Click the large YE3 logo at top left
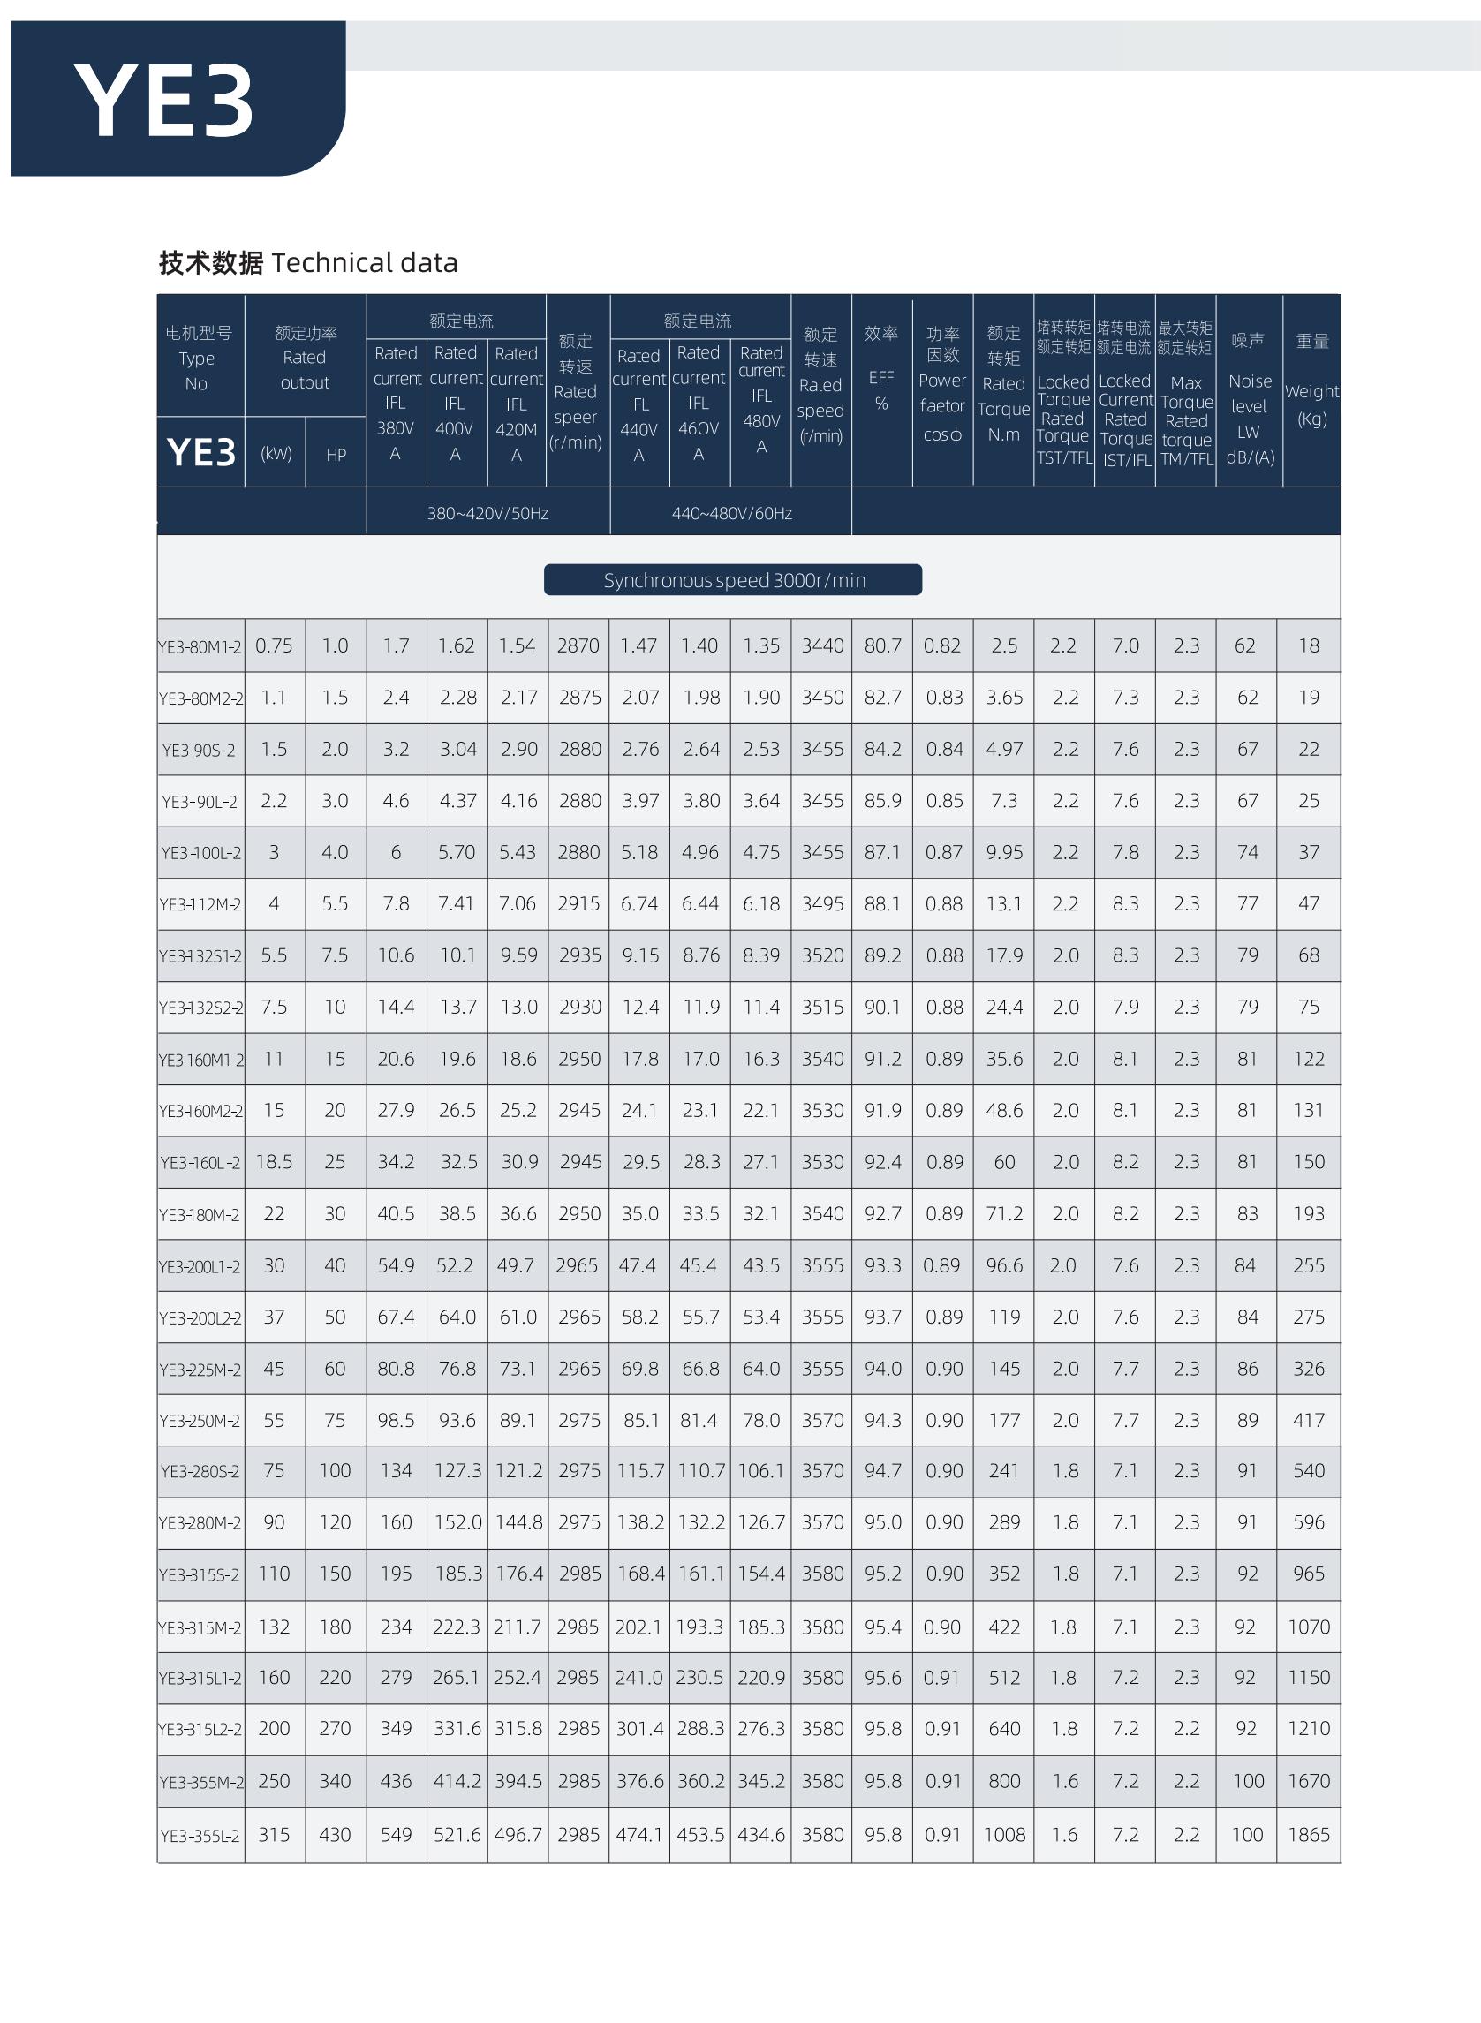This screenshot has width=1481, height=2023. click(x=165, y=101)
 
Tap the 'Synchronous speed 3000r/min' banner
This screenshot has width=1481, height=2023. click(x=733, y=580)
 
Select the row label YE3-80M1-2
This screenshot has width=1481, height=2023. click(x=200, y=646)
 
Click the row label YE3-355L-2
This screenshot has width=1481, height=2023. click(x=200, y=1836)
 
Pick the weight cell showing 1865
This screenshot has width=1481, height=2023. click(x=1308, y=1835)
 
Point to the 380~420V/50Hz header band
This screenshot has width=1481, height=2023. click(x=487, y=514)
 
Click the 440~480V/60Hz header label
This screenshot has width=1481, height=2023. click(x=731, y=514)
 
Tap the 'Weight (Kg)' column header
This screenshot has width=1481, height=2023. click(x=1311, y=404)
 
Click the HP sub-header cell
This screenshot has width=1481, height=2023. click(x=336, y=456)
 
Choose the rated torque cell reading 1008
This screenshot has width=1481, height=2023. click(x=1004, y=1835)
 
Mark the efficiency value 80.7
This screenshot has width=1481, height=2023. click(x=882, y=645)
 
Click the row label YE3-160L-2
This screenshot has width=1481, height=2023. click(x=200, y=1163)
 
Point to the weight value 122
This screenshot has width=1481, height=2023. click(x=1308, y=1059)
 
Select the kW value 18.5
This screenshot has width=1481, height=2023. click(x=275, y=1162)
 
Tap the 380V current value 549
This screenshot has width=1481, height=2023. click(x=397, y=1835)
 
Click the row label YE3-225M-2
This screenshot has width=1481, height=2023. click(x=200, y=1370)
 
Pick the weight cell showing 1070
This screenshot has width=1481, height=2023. click(x=1308, y=1627)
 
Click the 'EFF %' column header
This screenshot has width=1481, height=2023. click(x=881, y=391)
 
